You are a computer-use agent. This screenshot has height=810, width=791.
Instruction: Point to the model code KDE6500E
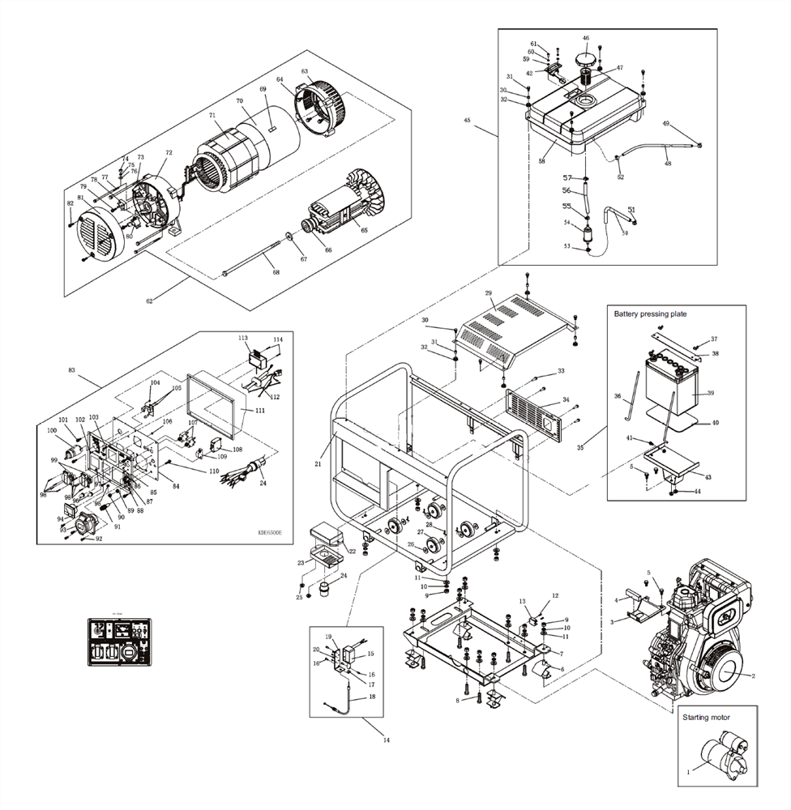pos(271,532)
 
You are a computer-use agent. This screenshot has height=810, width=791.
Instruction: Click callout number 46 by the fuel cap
pos(586,38)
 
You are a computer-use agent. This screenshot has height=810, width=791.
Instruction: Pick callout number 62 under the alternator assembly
pos(149,301)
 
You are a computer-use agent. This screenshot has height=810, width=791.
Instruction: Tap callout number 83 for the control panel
pos(72,370)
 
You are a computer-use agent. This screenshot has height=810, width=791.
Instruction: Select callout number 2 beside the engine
pos(753,675)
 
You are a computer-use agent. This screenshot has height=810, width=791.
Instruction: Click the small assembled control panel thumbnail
pos(118,641)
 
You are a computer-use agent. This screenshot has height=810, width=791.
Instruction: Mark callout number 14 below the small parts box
pos(386,740)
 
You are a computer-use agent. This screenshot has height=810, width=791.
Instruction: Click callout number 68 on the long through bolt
pos(276,272)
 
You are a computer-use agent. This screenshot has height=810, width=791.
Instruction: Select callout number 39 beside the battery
pos(711,393)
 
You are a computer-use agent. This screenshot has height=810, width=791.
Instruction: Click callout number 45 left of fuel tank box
pos(467,120)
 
